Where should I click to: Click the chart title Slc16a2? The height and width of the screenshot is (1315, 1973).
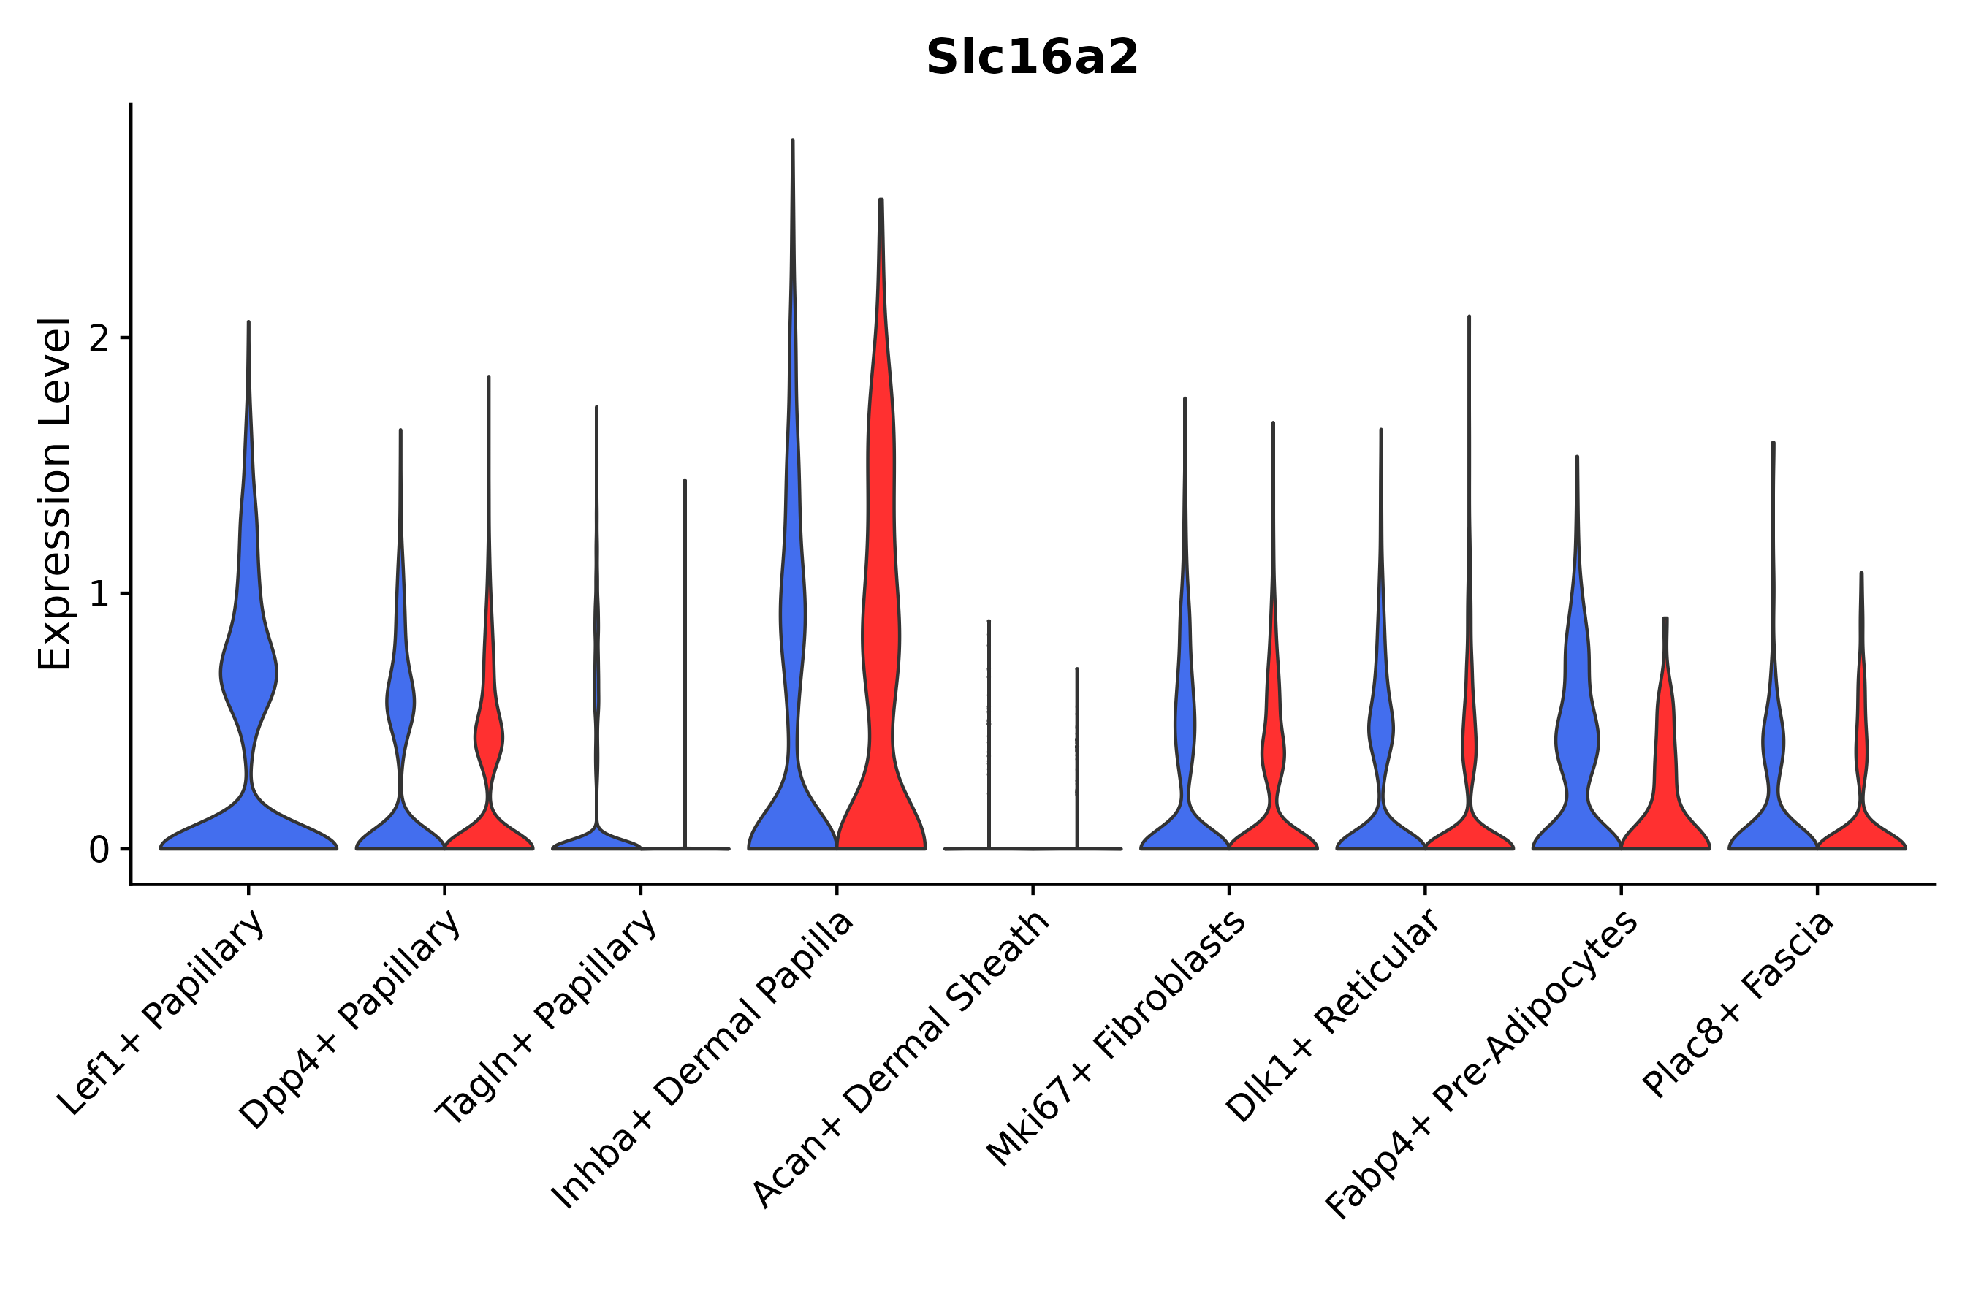[1032, 58]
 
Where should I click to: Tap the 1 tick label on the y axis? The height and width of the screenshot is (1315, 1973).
[99, 595]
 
